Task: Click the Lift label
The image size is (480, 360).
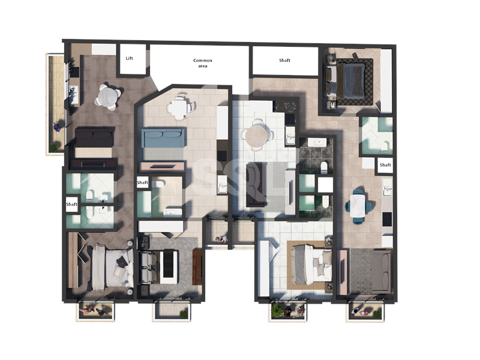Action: (x=129, y=58)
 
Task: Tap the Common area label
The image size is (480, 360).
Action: (x=203, y=63)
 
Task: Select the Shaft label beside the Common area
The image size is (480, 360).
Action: (x=284, y=61)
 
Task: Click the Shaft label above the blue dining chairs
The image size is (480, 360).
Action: (x=385, y=164)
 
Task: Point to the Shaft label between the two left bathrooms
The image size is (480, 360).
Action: (x=71, y=204)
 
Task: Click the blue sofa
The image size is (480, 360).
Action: (x=163, y=138)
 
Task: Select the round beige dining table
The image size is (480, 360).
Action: (x=257, y=136)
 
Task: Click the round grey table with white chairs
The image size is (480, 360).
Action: (x=107, y=97)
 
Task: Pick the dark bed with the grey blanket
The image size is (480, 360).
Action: (x=350, y=79)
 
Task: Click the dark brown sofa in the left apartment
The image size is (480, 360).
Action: (x=95, y=137)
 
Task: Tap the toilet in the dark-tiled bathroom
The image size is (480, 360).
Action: (x=324, y=167)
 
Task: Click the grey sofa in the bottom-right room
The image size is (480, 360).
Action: (x=382, y=271)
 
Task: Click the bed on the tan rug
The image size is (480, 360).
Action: (x=311, y=264)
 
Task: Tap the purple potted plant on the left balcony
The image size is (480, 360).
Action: (x=57, y=127)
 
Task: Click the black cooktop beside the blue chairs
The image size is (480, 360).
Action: (x=387, y=219)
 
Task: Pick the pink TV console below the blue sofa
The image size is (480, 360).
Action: (x=162, y=167)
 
